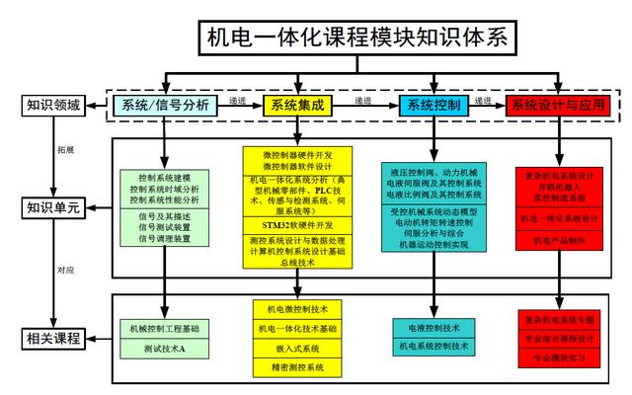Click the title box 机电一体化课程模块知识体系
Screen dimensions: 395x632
point(357,37)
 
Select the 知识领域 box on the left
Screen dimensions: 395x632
point(52,103)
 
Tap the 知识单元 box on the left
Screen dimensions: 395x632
point(52,207)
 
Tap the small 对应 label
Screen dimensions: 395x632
point(64,269)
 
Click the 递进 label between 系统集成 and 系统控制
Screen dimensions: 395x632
point(362,100)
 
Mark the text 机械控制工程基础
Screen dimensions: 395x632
point(164,328)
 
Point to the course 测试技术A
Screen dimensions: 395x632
point(164,349)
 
